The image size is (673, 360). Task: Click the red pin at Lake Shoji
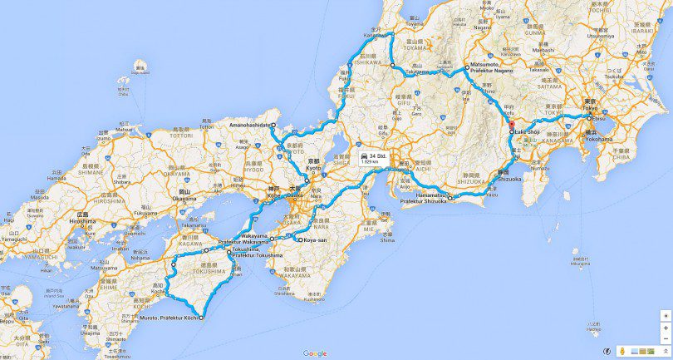[x=512, y=126]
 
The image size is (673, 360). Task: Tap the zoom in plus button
[x=665, y=328]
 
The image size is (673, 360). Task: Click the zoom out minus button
[x=665, y=340]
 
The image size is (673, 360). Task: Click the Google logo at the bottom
[x=314, y=353]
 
